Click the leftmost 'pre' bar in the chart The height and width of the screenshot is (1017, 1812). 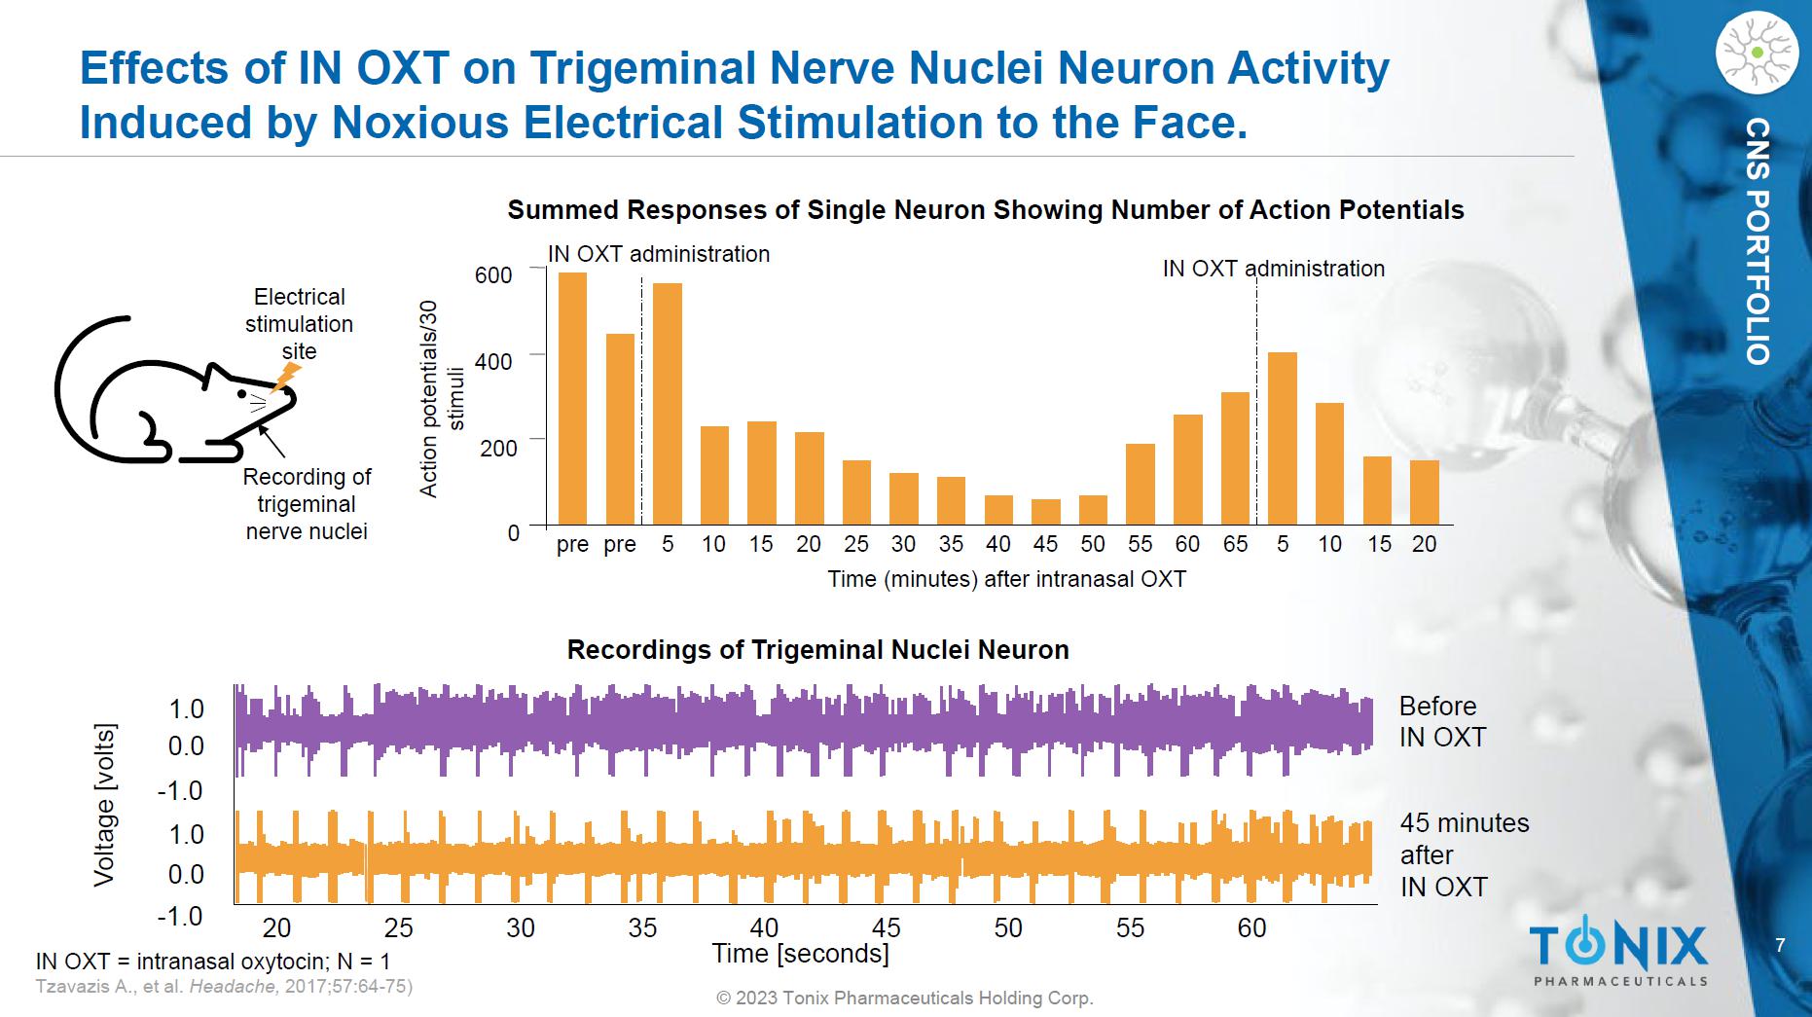point(572,399)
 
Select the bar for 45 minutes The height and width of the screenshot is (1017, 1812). point(1046,512)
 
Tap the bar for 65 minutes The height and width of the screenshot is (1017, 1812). point(1235,458)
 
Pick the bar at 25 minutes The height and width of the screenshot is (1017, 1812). point(856,492)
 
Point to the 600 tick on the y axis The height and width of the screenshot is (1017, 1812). point(493,275)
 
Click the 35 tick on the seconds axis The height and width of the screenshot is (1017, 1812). point(642,927)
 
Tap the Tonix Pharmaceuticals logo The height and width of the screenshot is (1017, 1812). point(1618,952)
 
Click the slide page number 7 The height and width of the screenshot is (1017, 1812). point(1780,945)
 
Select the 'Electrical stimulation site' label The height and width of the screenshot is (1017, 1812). point(299,324)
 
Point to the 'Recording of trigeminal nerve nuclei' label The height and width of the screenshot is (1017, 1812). point(307,504)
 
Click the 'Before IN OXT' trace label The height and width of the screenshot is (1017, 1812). point(1442,721)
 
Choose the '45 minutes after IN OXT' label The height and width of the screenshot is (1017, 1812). point(1464,854)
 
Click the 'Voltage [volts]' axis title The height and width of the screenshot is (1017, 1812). point(104,805)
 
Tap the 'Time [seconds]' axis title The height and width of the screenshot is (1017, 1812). point(800,954)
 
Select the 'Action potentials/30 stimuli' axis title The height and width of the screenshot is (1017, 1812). point(441,399)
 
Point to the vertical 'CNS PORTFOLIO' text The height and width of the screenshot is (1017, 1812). point(1758,241)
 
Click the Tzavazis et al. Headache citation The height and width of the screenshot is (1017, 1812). point(225,986)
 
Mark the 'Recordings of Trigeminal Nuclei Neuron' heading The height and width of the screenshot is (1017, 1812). point(817,650)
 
